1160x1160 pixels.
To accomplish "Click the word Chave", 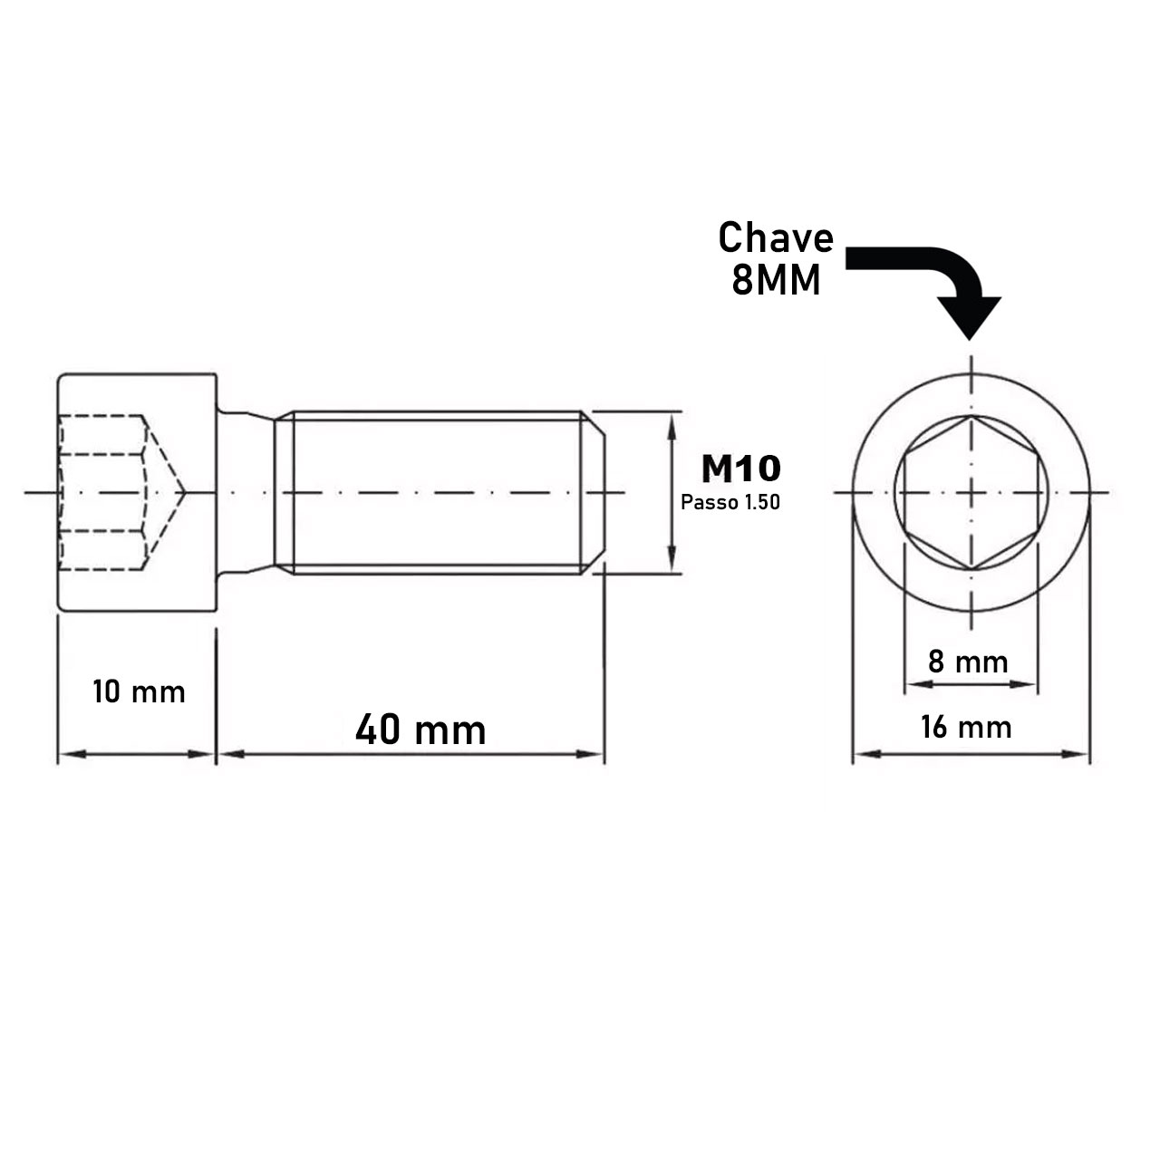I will click(775, 238).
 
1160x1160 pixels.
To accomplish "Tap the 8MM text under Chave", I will click(775, 282).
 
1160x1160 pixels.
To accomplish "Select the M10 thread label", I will click(739, 469).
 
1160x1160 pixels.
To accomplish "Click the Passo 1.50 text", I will click(730, 502).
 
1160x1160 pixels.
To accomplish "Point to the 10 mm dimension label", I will click(139, 692).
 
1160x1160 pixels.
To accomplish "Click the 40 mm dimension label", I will click(420, 730).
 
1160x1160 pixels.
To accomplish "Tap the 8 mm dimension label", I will click(967, 662).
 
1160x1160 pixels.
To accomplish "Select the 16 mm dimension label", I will click(966, 727).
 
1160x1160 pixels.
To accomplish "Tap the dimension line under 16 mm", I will click(971, 752).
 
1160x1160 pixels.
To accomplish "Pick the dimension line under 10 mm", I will click(137, 753).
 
